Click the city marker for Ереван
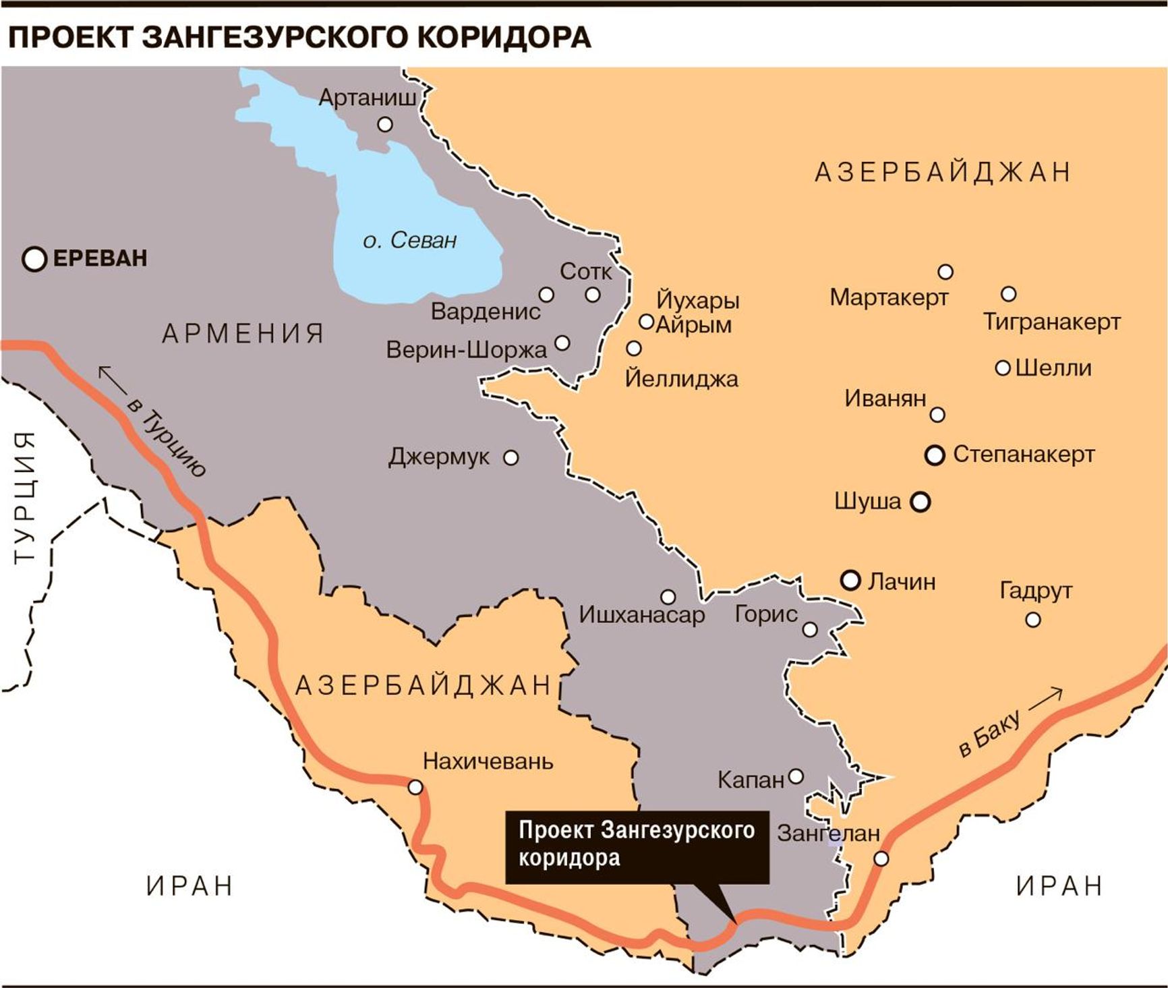tap(34, 259)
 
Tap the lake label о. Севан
tap(409, 241)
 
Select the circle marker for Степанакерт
tap(935, 455)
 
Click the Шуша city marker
tap(921, 502)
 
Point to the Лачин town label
tap(902, 581)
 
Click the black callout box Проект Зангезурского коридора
tap(637, 846)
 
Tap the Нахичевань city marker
tap(415, 788)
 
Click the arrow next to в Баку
tap(1045, 699)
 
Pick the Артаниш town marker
tap(385, 124)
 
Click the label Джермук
tap(439, 457)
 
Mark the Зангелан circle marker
tap(881, 859)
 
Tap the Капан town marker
tap(796, 776)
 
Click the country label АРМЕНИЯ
tap(243, 333)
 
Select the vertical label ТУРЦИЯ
tap(25, 497)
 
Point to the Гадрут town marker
tap(1032, 619)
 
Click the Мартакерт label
tap(889, 297)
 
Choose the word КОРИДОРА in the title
tap(504, 37)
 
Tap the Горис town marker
tap(810, 629)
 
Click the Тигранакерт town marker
tap(1008, 294)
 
